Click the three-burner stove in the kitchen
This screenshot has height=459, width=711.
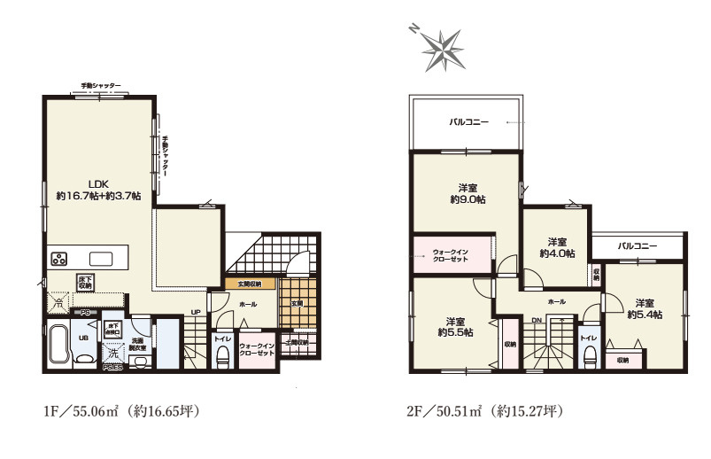[x=59, y=260]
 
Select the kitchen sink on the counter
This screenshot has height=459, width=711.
[x=100, y=259]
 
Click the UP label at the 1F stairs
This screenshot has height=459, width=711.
[x=194, y=311]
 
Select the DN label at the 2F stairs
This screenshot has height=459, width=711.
[x=537, y=321]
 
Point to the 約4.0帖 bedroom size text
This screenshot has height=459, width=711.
[x=557, y=253]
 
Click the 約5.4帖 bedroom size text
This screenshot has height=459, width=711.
[x=644, y=314]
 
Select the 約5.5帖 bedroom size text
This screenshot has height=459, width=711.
[x=454, y=332]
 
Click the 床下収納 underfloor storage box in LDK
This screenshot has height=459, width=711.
[x=86, y=283]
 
